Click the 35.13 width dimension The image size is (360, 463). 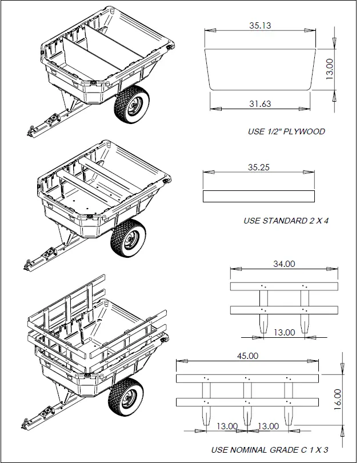[259, 25]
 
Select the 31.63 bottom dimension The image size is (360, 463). [259, 103]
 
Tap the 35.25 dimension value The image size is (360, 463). [259, 167]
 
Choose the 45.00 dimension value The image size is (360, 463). [247, 356]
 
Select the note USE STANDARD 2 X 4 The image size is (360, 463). [286, 221]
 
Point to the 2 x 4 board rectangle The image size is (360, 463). [259, 196]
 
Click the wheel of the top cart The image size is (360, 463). [132, 106]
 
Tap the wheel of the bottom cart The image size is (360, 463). [126, 398]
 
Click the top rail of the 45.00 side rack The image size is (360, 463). [247, 378]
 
